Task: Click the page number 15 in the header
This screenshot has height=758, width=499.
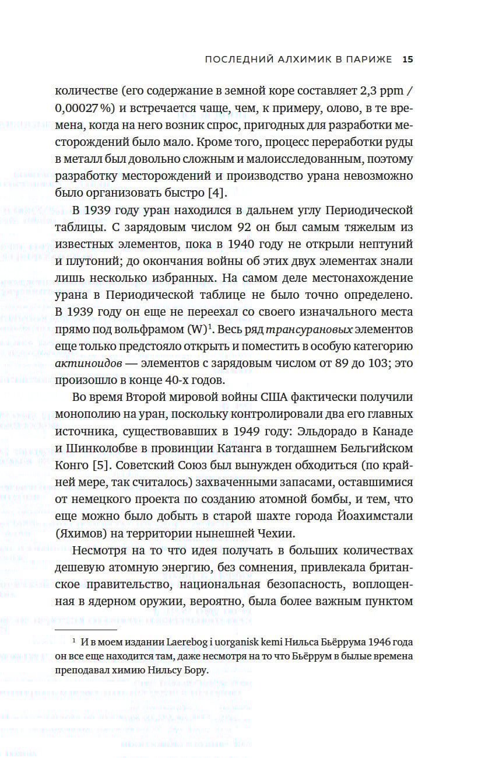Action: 407,60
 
